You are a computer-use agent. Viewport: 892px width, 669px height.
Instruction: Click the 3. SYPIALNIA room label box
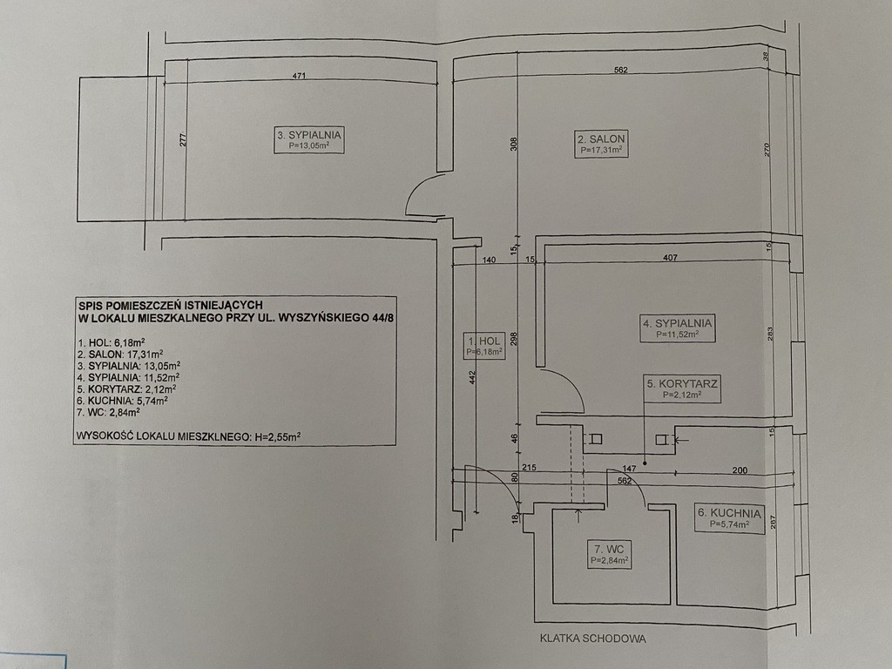click(309, 140)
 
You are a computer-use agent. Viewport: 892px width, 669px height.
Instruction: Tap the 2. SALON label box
click(601, 144)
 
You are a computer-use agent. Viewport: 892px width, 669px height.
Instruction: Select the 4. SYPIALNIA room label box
click(678, 328)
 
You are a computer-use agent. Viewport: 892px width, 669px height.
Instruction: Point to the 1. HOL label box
click(484, 346)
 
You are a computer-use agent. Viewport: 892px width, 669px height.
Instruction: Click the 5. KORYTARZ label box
click(682, 389)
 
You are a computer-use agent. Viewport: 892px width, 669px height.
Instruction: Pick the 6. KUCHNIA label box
click(729, 518)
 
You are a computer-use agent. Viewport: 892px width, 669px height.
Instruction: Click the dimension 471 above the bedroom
click(300, 76)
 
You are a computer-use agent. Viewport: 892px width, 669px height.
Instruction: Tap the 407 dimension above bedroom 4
click(670, 258)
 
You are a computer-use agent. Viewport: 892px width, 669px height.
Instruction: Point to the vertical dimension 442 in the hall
click(473, 378)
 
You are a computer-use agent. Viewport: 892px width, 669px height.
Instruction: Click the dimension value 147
click(629, 469)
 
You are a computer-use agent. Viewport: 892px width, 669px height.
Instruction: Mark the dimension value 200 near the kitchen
click(740, 470)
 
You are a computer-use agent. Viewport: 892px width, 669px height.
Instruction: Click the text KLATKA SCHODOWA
click(592, 639)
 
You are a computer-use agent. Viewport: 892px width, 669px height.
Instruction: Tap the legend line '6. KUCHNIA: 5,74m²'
click(122, 401)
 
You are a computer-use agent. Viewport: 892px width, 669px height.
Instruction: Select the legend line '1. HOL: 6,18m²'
click(111, 342)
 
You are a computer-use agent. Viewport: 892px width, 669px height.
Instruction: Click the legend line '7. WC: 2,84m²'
click(109, 412)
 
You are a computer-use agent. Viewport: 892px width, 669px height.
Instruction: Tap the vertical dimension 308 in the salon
click(513, 143)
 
